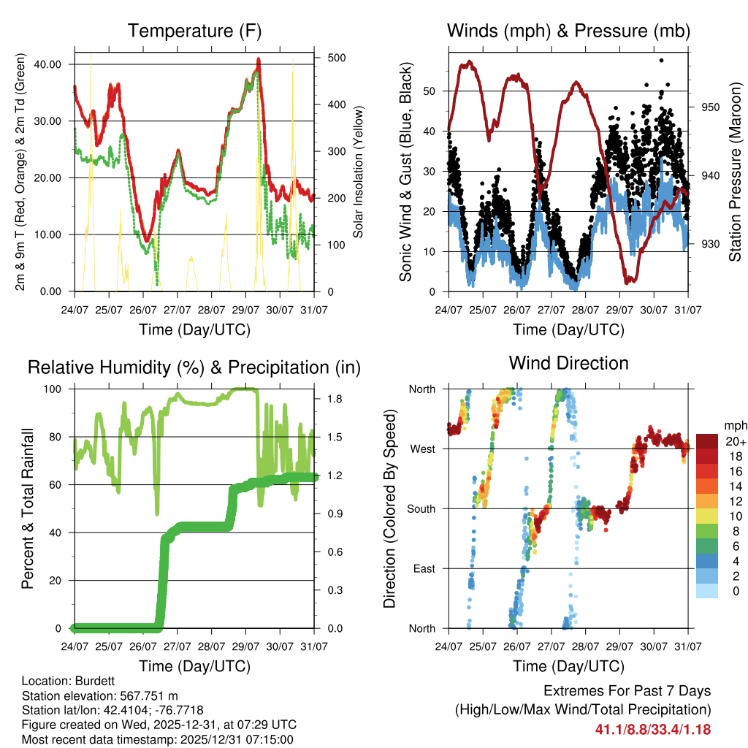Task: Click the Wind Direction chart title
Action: click(568, 362)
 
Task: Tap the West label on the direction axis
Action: click(422, 449)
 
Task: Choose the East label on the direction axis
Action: click(424, 569)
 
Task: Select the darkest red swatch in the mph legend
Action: click(706, 440)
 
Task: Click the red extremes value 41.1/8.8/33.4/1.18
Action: click(653, 729)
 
